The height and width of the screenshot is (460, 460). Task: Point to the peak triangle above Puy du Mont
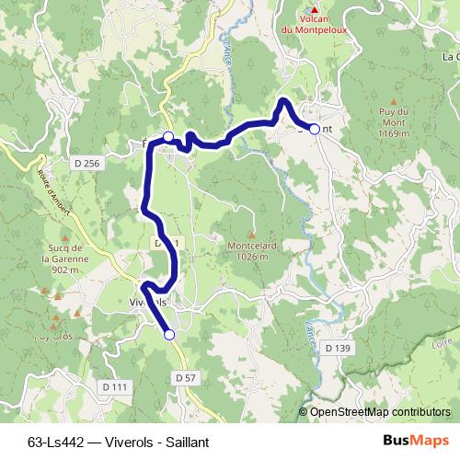coord(394,101)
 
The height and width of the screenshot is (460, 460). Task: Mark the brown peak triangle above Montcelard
coord(251,234)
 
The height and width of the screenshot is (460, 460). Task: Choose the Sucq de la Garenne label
coord(63,259)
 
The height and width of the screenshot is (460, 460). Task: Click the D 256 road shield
coord(86,163)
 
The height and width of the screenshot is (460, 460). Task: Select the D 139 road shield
coord(339,348)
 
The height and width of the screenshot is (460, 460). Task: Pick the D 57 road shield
coord(185,378)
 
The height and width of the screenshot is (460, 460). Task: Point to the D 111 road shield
coord(115,387)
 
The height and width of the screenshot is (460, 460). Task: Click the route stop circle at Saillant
coord(315,130)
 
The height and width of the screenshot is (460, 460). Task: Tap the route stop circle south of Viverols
coord(169,335)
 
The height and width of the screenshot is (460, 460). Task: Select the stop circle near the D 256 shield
coord(168,137)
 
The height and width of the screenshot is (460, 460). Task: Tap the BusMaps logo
coord(416,441)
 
